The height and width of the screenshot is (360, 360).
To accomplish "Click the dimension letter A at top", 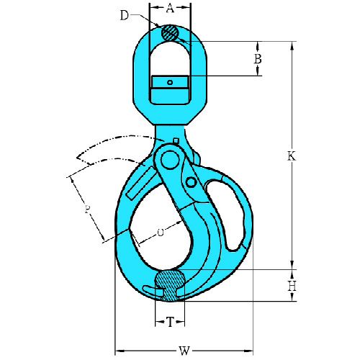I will (170, 9).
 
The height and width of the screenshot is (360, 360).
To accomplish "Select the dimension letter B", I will (257, 59).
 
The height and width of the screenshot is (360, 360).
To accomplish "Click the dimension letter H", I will (292, 287).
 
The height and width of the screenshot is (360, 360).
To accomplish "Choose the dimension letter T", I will (170, 323).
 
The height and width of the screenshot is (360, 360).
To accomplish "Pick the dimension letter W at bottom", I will (184, 351).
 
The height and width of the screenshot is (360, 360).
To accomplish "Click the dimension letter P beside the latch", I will (87, 210).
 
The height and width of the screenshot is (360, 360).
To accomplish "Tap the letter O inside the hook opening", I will (159, 233).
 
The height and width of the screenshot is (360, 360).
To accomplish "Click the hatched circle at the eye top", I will (170, 32).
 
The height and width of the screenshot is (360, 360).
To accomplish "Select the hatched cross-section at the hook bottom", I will (170, 284).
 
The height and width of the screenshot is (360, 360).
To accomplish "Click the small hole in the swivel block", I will (170, 83).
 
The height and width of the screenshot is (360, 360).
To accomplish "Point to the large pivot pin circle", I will (169, 157).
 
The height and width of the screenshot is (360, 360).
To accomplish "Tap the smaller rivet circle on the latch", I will (192, 184).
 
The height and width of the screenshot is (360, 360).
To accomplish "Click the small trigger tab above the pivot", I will (176, 140).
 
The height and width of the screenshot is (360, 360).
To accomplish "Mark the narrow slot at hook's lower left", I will (152, 290).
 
